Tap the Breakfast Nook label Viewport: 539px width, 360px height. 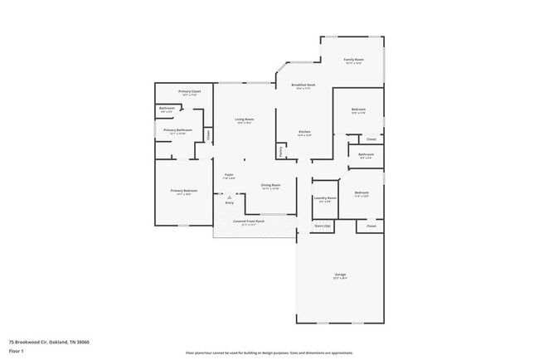click(x=303, y=85)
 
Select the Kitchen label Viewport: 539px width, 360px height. click(x=304, y=132)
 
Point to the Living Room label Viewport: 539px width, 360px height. click(x=244, y=119)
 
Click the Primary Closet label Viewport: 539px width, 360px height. click(x=190, y=91)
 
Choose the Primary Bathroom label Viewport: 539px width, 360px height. click(x=177, y=130)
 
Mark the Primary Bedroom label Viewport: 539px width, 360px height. click(x=183, y=191)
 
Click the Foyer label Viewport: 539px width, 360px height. click(x=229, y=174)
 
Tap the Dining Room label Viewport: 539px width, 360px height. click(x=271, y=185)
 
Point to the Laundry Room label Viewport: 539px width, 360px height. click(x=325, y=197)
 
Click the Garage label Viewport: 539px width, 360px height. click(x=340, y=274)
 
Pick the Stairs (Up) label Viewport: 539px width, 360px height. click(x=323, y=226)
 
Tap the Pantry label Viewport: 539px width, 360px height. click(x=282, y=152)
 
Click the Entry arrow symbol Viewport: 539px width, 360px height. click(x=229, y=197)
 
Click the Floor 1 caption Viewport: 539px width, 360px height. click(x=17, y=351)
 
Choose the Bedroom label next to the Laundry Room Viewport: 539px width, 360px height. click(x=362, y=192)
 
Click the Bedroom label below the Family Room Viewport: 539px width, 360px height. click(x=358, y=109)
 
